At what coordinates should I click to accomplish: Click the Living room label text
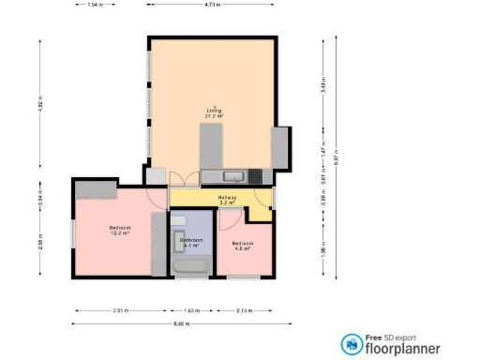214,111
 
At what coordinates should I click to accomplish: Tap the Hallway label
226,198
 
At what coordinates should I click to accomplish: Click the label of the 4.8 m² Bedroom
243,245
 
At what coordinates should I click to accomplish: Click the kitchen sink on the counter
233,175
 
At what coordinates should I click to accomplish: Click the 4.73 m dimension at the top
212,5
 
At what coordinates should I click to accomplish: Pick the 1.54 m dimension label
94,5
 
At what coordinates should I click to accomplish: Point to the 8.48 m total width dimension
175,323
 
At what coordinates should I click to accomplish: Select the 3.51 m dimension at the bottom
118,309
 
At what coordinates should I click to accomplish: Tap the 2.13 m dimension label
245,309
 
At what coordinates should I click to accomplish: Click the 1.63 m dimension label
191,309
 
